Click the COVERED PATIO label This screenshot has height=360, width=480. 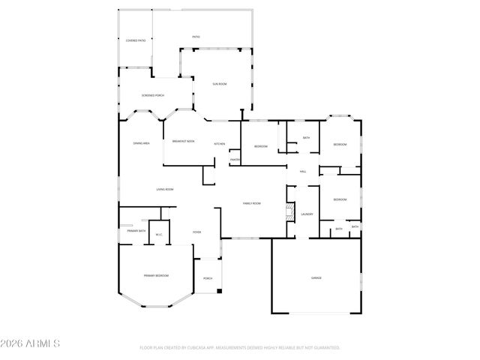click(136, 40)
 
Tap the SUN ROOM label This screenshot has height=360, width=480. click(220, 83)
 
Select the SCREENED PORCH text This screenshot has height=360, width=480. click(153, 95)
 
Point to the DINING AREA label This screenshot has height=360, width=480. click(141, 142)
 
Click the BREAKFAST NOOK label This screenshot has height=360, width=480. click(183, 141)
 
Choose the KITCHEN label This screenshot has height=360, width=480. click(220, 143)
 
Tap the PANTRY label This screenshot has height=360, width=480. click(235, 160)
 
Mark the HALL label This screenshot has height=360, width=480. click(303, 172)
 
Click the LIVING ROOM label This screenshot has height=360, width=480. click(165, 189)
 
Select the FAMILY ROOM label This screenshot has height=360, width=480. click(251, 203)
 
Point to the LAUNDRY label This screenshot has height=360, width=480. click(307, 214)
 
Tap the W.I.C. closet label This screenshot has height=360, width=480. click(159, 235)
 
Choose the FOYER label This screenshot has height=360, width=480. click(196, 232)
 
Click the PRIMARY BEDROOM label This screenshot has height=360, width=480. click(156, 276)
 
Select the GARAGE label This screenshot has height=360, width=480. click(316, 278)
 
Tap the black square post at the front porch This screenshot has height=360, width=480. click(219, 290)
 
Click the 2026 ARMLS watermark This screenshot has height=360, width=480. click(30, 343)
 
